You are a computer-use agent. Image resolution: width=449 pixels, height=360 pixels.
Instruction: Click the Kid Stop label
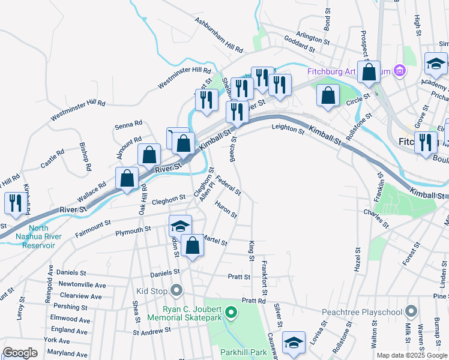tap(151, 291)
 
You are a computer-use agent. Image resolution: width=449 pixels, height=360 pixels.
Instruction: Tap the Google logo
tap(20, 352)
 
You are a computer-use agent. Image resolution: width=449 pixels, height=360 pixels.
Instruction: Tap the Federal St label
tap(228, 184)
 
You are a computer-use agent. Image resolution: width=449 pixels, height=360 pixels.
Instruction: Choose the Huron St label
tap(226, 209)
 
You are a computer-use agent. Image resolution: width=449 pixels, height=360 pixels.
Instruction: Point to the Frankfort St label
tap(264, 279)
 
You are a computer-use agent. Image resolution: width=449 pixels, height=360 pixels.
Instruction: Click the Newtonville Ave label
tap(82, 286)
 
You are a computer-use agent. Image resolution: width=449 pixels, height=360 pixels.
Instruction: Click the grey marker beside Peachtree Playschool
tap(411, 311)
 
